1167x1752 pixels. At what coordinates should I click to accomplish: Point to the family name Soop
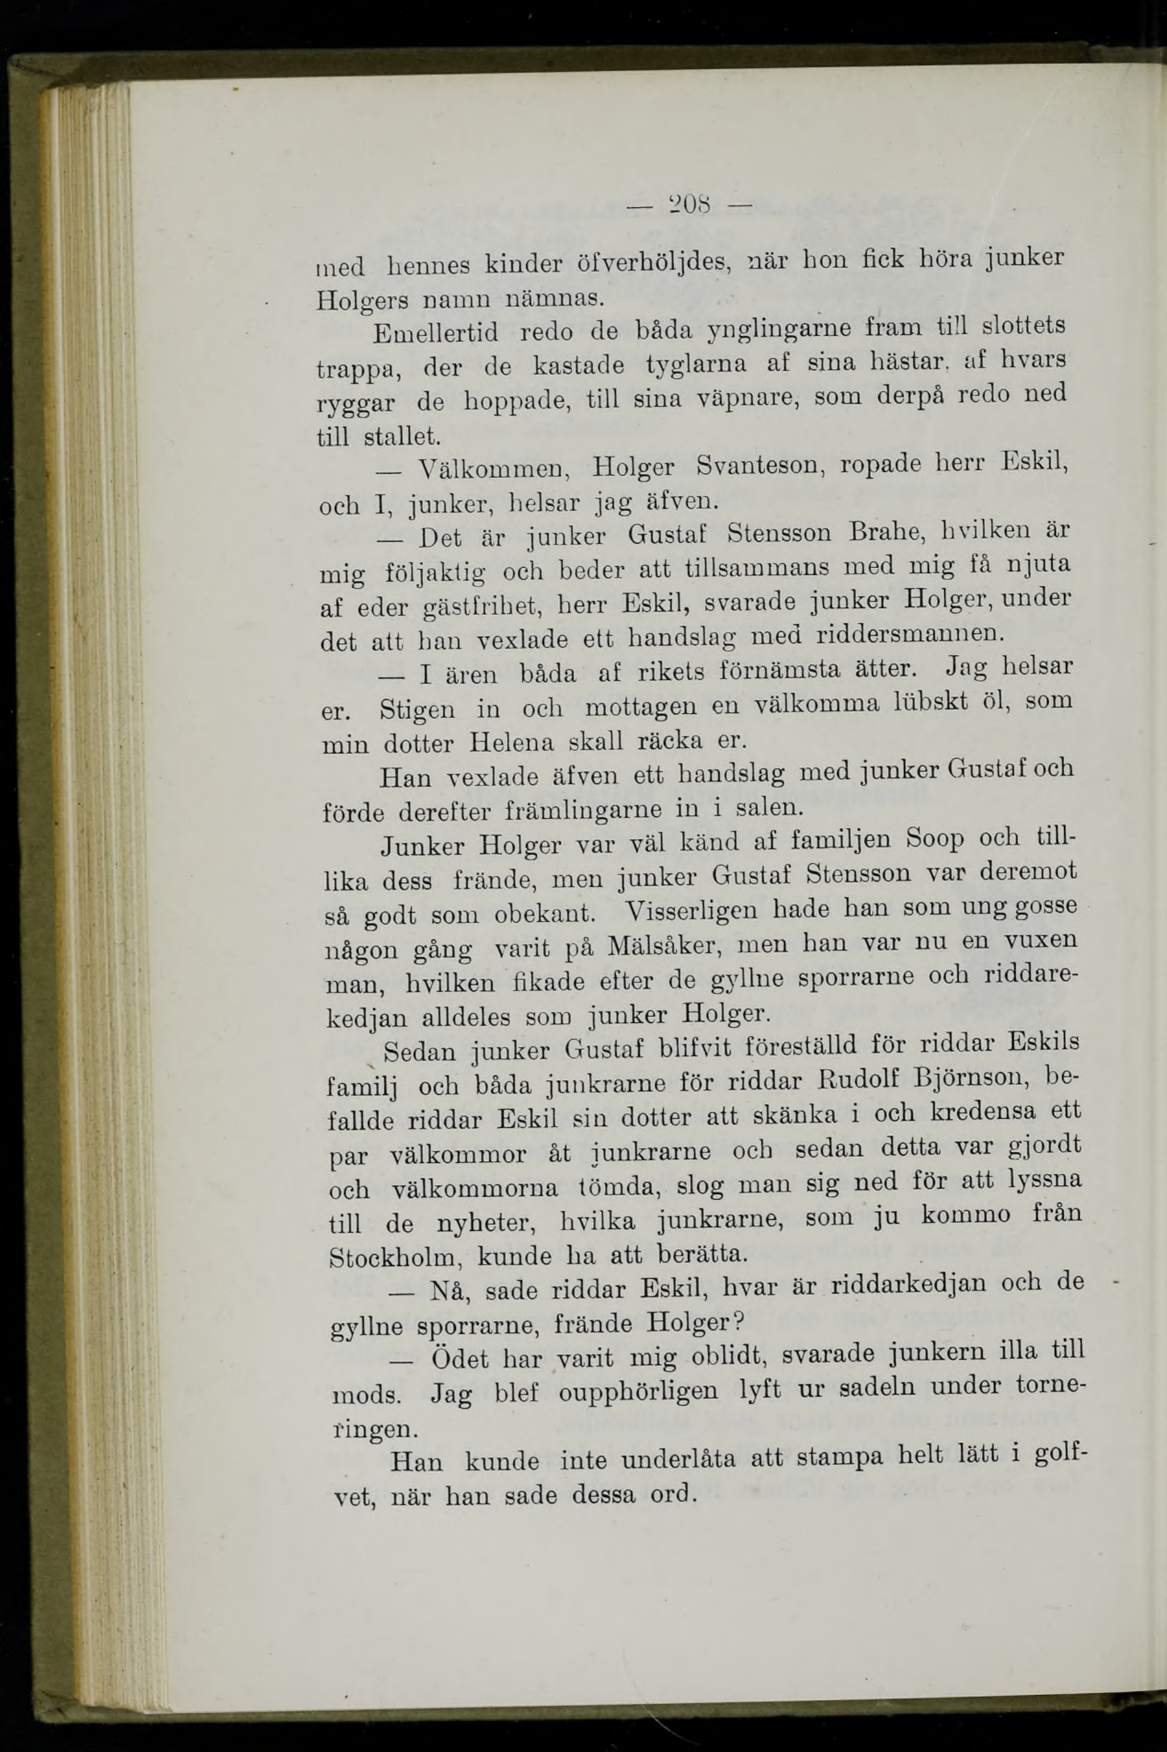coord(935,839)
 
